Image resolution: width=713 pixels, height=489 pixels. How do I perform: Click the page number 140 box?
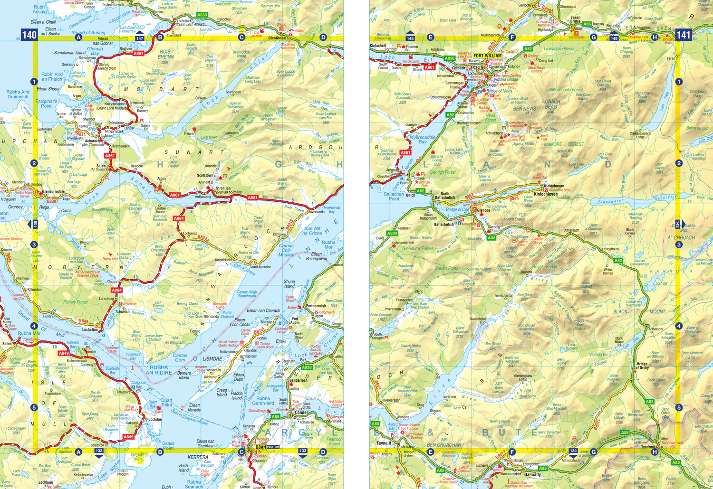coord(29,35)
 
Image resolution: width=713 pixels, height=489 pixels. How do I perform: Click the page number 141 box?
coord(683,35)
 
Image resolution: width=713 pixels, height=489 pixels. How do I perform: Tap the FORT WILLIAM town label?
coord(487,56)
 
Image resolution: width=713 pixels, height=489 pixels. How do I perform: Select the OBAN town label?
coord(260,447)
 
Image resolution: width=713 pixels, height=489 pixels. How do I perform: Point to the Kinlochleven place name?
coord(546,194)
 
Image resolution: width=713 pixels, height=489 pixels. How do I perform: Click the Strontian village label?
coord(223,188)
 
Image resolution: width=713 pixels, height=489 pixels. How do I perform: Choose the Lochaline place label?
coord(90,329)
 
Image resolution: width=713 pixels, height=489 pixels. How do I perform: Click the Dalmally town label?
coord(532,474)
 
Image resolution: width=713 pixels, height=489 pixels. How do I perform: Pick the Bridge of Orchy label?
coord(643,366)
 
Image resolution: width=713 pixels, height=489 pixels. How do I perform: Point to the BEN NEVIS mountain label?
coord(524,109)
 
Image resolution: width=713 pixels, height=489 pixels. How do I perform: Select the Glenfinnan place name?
coord(277,38)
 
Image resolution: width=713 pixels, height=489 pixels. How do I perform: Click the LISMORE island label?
coord(212,359)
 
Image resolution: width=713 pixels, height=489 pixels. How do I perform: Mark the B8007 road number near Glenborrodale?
coord(52,201)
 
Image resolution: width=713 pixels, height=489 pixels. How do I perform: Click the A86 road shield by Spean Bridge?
coord(587,24)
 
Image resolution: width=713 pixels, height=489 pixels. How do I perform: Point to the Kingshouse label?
coord(611,249)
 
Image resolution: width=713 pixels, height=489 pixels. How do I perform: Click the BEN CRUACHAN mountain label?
coord(443,445)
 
